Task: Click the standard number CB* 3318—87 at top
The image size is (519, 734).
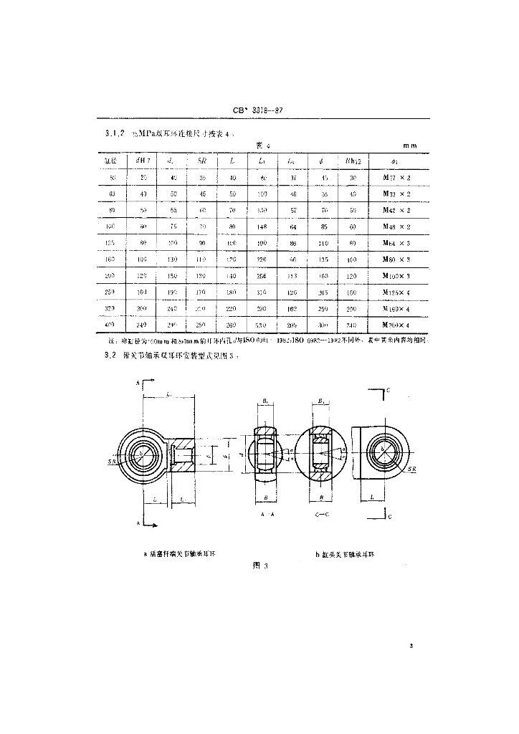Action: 261,110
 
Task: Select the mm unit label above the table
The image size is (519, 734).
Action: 409,146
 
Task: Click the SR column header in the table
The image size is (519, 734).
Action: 202,160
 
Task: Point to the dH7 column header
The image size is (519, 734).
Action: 142,160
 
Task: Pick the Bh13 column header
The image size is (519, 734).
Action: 352,160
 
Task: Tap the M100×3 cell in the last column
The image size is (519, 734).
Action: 396,275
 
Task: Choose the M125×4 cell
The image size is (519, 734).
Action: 396,292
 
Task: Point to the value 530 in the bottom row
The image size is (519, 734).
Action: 262,326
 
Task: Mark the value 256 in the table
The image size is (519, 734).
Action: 262,275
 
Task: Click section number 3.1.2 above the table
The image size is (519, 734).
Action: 115,133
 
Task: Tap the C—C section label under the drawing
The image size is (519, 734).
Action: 323,515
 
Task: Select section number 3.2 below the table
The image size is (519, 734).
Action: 110,356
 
